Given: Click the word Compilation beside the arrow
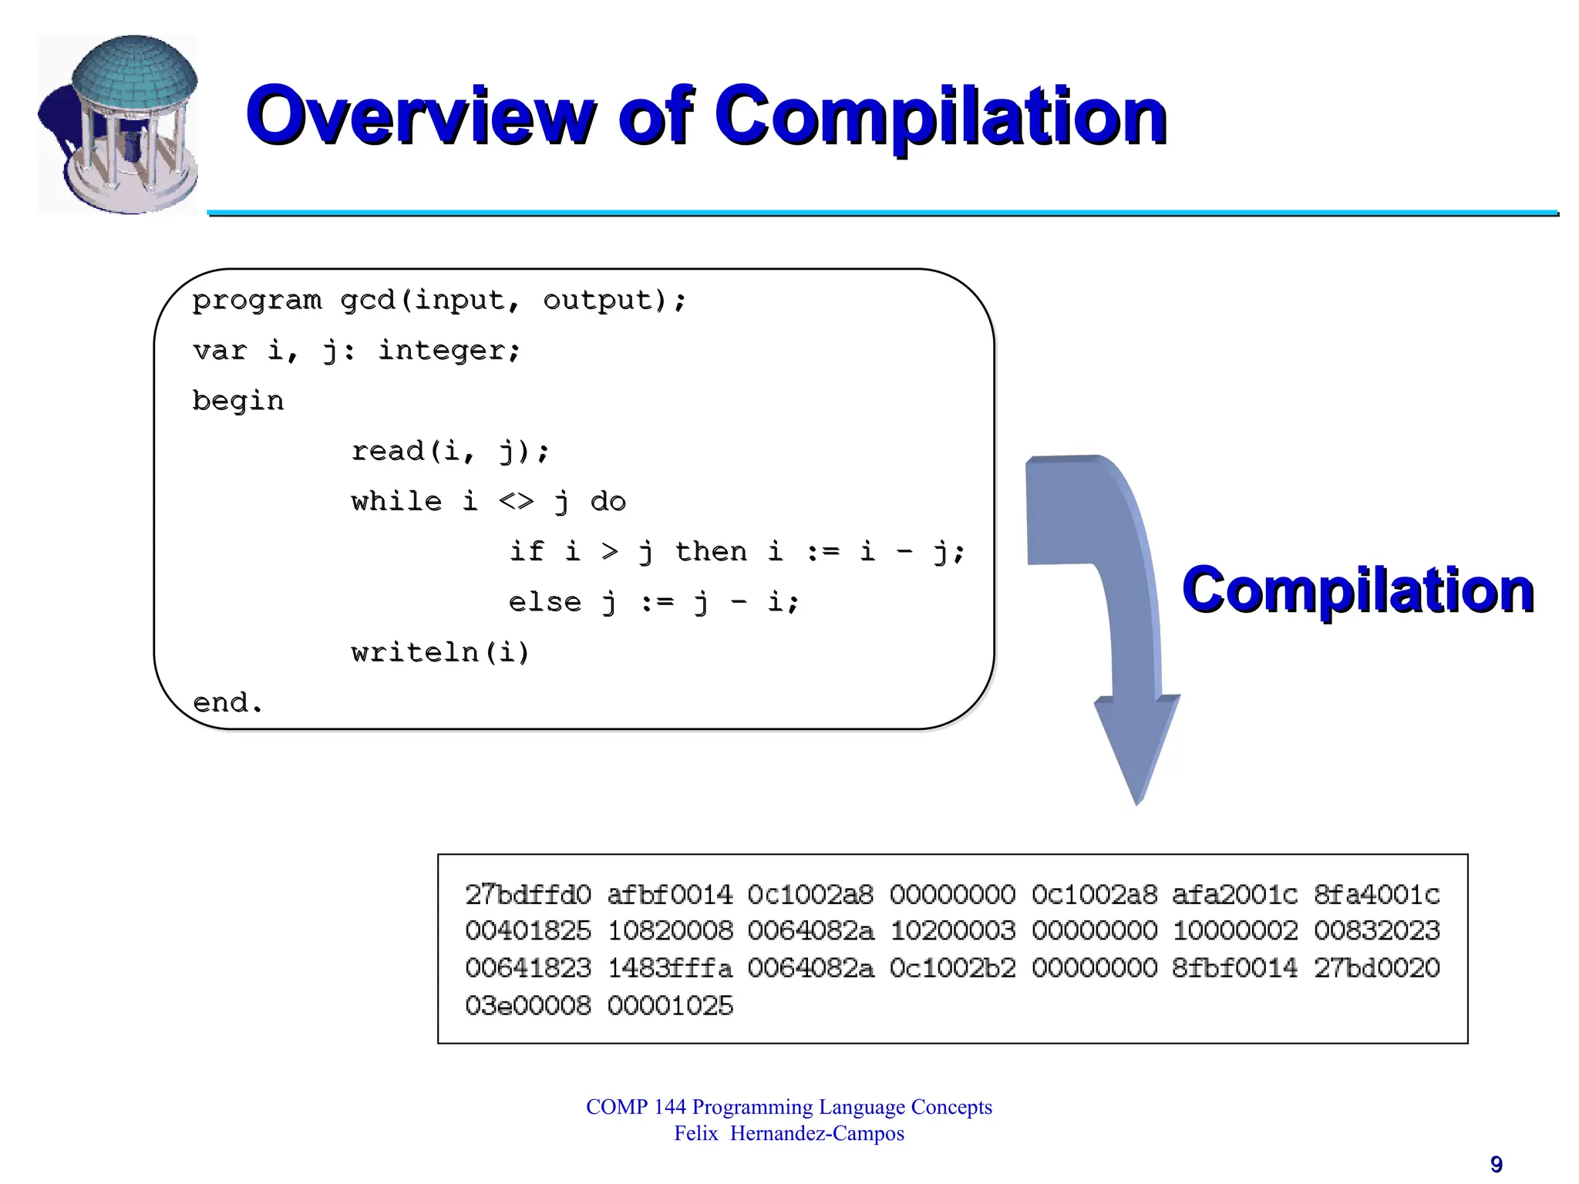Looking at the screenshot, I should click(x=1358, y=590).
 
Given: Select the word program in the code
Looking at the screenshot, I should click(x=257, y=301).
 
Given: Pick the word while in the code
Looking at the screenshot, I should click(x=396, y=502).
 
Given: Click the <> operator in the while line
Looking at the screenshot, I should click(x=516, y=502).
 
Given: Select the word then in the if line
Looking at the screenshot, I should click(x=711, y=552).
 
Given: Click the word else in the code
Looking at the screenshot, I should click(x=544, y=602).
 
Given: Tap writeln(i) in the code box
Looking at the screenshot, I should click(x=440, y=653).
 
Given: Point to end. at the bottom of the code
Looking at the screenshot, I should click(x=227, y=703).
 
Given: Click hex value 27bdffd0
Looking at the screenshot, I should click(x=528, y=895).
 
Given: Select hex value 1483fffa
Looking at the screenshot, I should click(x=670, y=968).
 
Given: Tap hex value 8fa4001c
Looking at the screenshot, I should click(x=1377, y=895).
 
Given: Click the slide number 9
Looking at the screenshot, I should click(x=1496, y=1164).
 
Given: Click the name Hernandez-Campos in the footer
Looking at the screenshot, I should click(x=817, y=1134).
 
